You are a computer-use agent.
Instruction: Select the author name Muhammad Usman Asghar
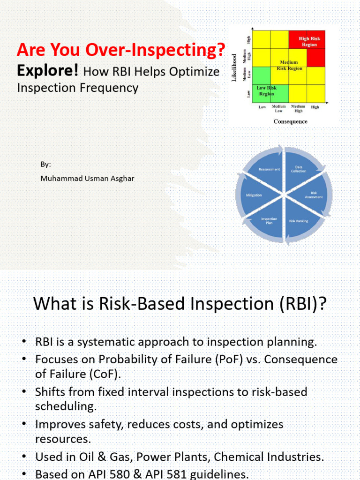87,178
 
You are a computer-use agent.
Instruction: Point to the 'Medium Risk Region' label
289,65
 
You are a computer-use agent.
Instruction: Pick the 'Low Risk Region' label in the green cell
266,90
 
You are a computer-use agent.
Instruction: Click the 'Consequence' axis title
290,121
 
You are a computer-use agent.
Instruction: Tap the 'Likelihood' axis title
234,68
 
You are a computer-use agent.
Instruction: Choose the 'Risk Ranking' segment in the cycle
299,220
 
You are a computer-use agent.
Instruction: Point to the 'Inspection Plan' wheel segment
269,220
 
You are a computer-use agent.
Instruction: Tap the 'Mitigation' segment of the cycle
254,195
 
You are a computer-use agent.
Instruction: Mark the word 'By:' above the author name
45,165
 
